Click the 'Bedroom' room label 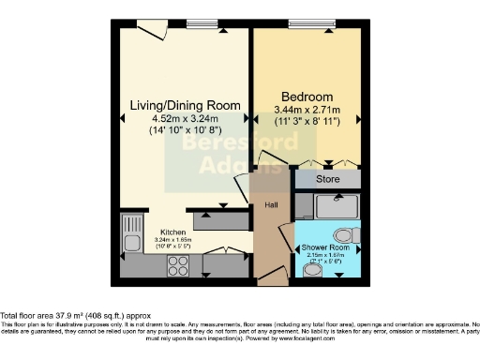point(307,97)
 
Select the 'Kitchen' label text point(172,231)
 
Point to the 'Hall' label point(271,204)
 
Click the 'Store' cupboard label point(325,177)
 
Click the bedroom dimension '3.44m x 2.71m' point(307,111)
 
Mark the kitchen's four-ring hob point(178,265)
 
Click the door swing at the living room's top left point(151,31)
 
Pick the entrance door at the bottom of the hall point(272,277)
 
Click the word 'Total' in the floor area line point(11,316)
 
